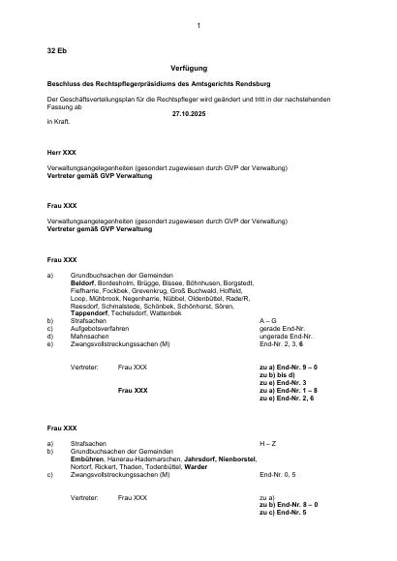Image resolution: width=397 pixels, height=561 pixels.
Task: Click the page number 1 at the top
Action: (x=198, y=24)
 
